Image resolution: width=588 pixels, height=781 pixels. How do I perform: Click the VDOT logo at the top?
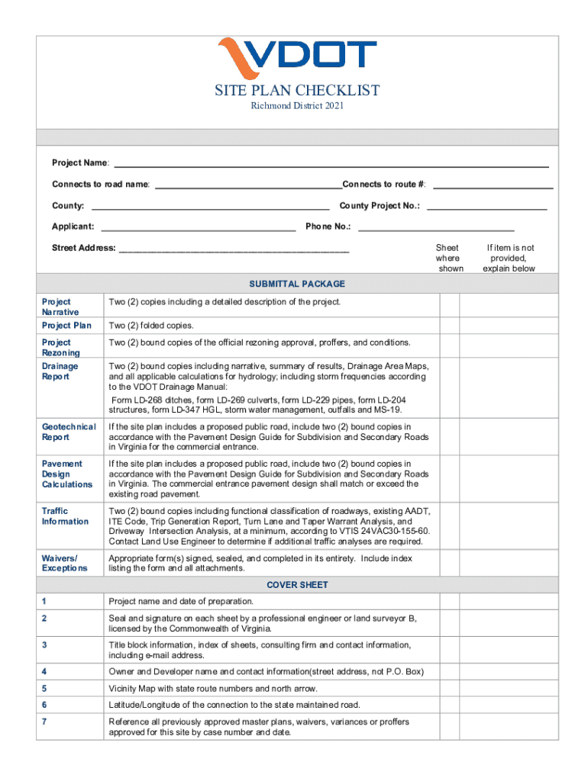tap(297, 57)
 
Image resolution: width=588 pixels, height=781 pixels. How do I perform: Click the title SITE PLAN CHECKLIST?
tap(297, 91)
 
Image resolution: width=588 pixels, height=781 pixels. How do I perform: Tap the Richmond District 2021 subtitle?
tap(297, 106)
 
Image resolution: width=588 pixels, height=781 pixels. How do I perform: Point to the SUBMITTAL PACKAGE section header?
tap(305, 284)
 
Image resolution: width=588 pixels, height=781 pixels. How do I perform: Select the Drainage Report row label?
tap(60, 371)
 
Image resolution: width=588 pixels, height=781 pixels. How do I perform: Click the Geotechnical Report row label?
tap(69, 432)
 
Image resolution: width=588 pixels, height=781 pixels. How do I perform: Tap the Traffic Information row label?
tap(65, 516)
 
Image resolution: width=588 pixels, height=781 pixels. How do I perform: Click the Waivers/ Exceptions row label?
tap(65, 563)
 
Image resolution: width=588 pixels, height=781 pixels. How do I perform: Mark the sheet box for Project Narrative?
tap(449, 307)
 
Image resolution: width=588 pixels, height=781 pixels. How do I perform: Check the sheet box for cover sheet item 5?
tap(449, 688)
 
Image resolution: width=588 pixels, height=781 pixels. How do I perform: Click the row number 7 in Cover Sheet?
tap(45, 722)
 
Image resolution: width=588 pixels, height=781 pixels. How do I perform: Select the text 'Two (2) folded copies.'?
tap(150, 326)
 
